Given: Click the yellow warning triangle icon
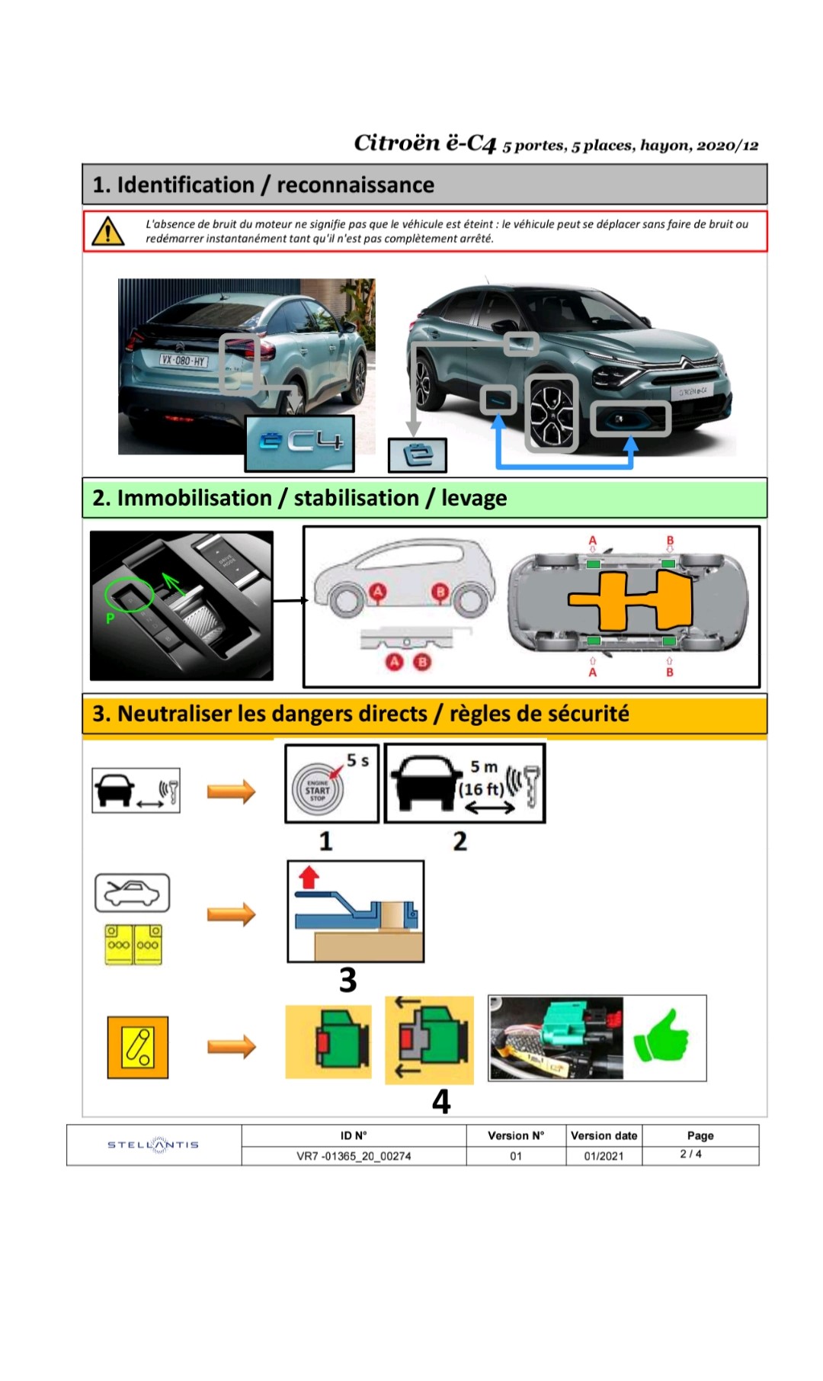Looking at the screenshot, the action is coord(108,231).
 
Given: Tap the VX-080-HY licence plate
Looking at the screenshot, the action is coord(183,360).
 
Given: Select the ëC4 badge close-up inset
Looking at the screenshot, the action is coord(299,443).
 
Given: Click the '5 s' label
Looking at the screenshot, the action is coord(357,760).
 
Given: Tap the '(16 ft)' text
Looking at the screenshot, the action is coord(481,789).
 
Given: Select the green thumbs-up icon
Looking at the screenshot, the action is coord(661,1036).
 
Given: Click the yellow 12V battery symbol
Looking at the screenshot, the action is coord(133,944).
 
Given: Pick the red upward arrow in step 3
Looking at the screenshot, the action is coord(308,877).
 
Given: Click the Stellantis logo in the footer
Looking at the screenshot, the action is coord(153,1145).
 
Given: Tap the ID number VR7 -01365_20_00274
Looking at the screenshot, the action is coord(354,1156).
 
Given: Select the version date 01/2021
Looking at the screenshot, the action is coord(604,1156).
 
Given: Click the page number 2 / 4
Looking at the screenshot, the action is coord(691,1154).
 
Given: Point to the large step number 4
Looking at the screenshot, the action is coord(441,1101).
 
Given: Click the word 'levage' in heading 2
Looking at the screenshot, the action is coord(474,498).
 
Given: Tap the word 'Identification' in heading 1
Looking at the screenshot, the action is coord(185,185).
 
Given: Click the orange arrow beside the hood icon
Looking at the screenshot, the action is coord(232,914).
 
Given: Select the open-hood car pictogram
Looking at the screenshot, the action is coord(132,893).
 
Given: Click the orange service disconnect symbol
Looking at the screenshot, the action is coord(138,1047).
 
